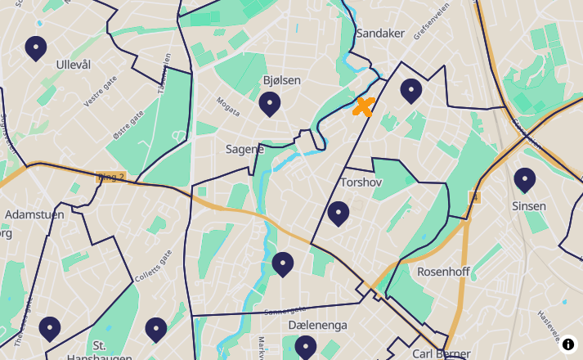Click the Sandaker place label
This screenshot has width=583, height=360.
coord(380,34)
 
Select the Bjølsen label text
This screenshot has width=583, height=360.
coord(282,80)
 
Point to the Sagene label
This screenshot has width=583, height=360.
coord(244,149)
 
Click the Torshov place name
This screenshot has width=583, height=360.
coord(361,182)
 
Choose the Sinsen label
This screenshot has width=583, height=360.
coord(529,206)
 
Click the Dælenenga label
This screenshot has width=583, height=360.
coord(318,325)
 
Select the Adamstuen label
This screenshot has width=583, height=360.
coord(34,214)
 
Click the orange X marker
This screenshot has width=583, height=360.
coord(363,106)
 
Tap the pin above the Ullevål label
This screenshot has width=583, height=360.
coord(36,48)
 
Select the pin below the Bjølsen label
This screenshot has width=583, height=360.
coord(270,104)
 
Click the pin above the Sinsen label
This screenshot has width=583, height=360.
coord(524,180)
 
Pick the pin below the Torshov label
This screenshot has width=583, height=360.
coord(339,214)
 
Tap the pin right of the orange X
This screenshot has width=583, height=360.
coord(410,90)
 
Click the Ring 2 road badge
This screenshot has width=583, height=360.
coord(110,176)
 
